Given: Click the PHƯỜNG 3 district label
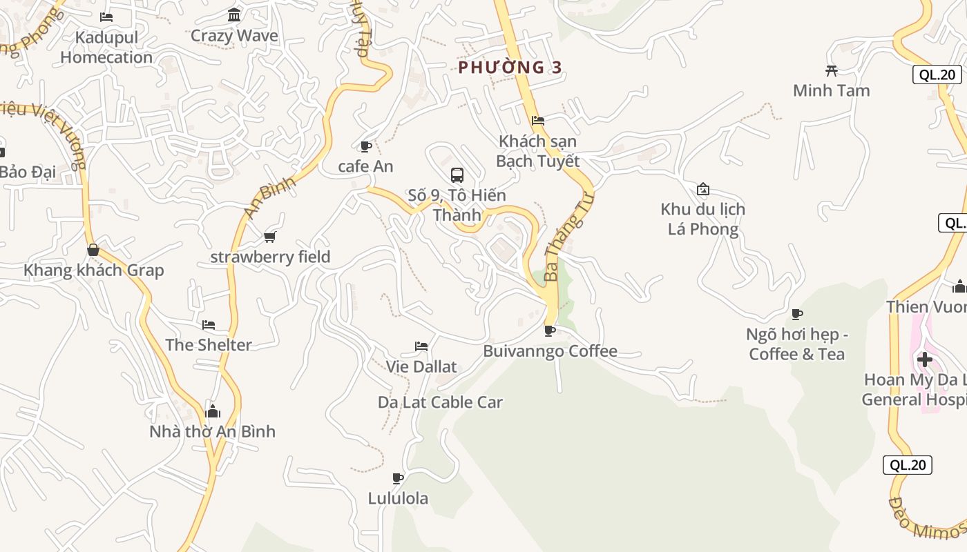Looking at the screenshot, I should [x=510, y=67].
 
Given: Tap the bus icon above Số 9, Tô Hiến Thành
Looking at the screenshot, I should [x=457, y=175].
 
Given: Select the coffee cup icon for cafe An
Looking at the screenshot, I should [x=365, y=146].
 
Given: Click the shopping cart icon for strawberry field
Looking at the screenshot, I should [x=270, y=237].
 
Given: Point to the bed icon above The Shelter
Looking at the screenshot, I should [x=209, y=324].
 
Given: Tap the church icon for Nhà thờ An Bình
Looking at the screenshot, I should [x=213, y=411].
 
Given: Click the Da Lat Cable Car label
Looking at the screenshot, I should [x=440, y=402].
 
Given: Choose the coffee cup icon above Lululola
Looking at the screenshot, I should [x=398, y=477].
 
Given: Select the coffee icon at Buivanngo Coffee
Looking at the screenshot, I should [x=550, y=331].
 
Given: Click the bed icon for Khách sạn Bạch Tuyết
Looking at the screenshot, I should [x=538, y=121].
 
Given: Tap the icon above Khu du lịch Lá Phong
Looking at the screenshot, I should [x=703, y=188].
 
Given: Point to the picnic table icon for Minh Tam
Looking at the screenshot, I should [x=832, y=70].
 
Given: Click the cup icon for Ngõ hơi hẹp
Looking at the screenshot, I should [x=797, y=314].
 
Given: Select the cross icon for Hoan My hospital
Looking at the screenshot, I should [x=924, y=359].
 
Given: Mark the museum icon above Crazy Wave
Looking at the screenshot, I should [x=234, y=15].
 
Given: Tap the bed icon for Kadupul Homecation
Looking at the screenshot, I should [x=106, y=17].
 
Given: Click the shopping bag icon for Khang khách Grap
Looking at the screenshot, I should [x=93, y=250].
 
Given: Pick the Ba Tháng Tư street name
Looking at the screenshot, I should [x=568, y=237].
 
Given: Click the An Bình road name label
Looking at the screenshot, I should [x=270, y=197].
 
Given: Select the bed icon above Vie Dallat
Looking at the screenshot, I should [x=421, y=346].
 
